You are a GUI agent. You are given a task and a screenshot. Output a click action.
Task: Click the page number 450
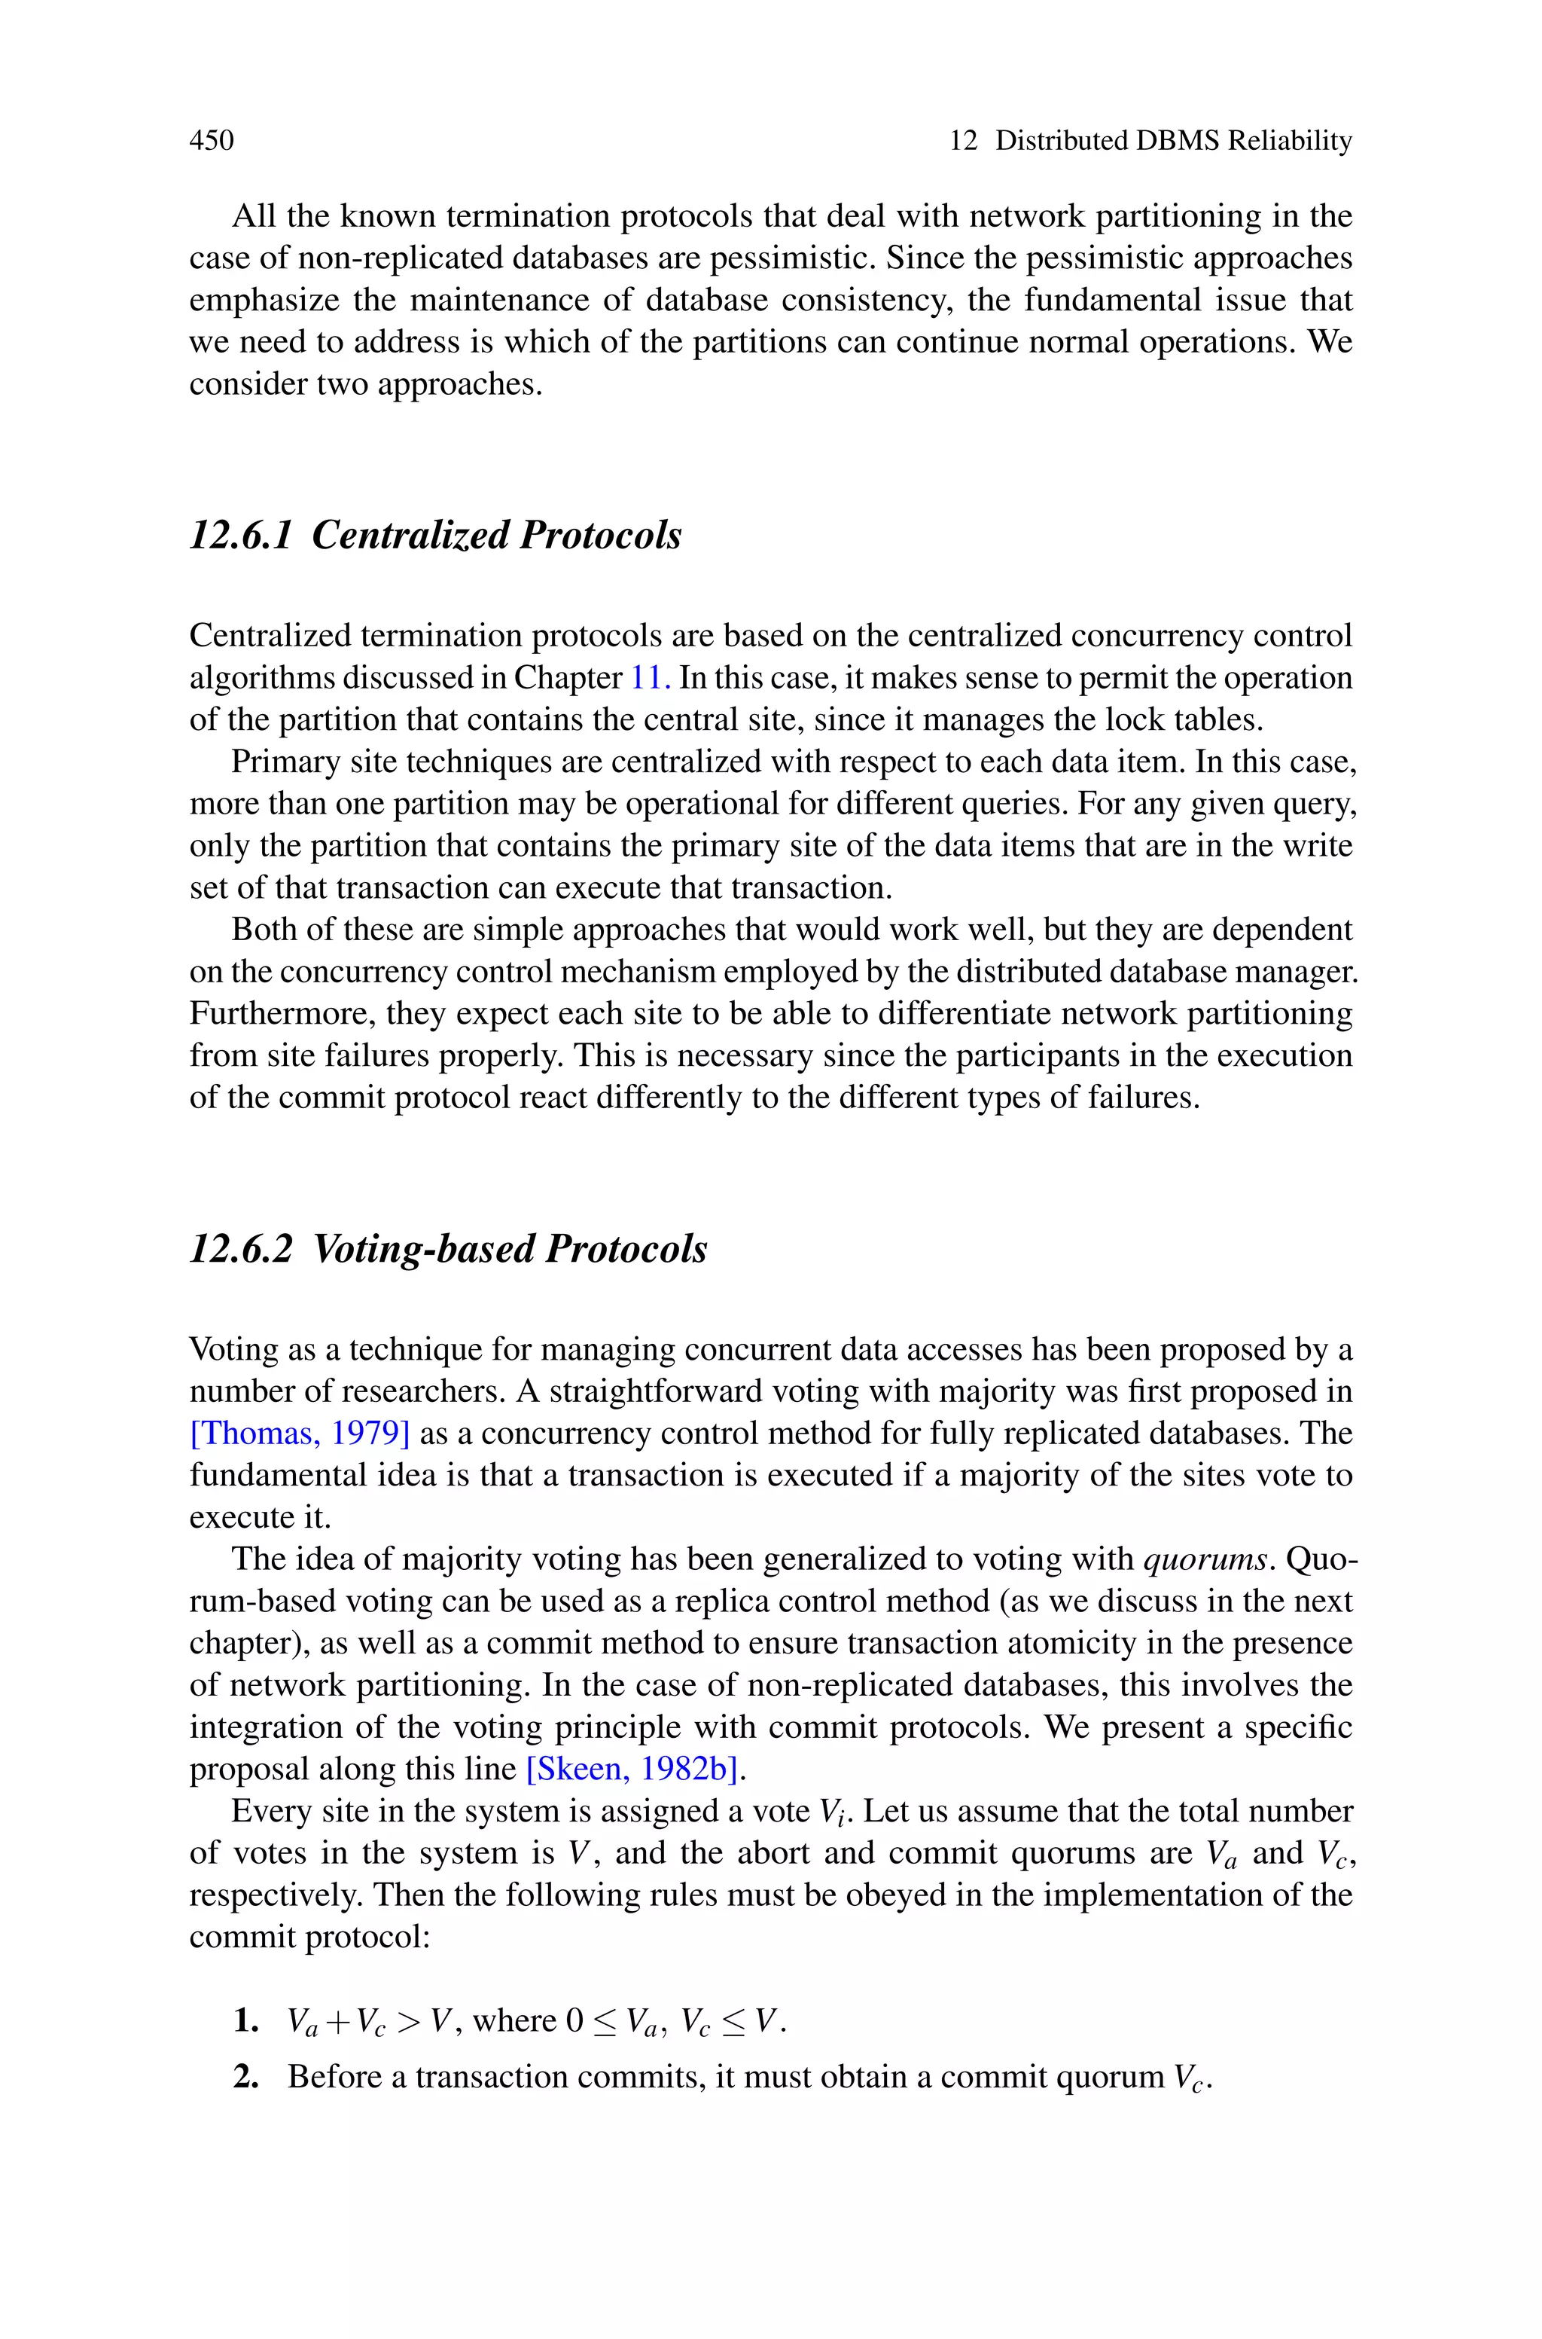212,141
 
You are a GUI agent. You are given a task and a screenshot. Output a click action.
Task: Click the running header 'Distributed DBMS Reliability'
1173,141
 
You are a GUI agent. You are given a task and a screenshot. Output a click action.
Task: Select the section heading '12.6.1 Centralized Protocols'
434,535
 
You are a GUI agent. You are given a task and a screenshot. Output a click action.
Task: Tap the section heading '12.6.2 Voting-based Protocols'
447,1248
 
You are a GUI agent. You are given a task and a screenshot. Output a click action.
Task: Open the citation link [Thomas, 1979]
299,1433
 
